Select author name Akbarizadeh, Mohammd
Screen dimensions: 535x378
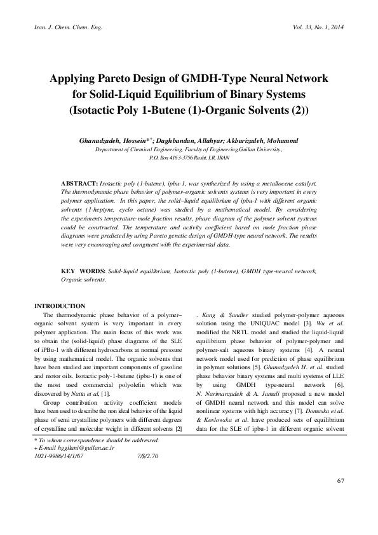(x=276, y=140)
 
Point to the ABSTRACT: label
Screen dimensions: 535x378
(x=79, y=183)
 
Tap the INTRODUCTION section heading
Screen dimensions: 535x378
(x=59, y=306)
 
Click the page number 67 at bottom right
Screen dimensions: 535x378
(x=341, y=498)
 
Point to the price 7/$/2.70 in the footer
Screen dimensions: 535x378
(x=147, y=473)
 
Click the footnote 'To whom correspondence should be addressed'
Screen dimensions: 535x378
(x=98, y=457)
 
